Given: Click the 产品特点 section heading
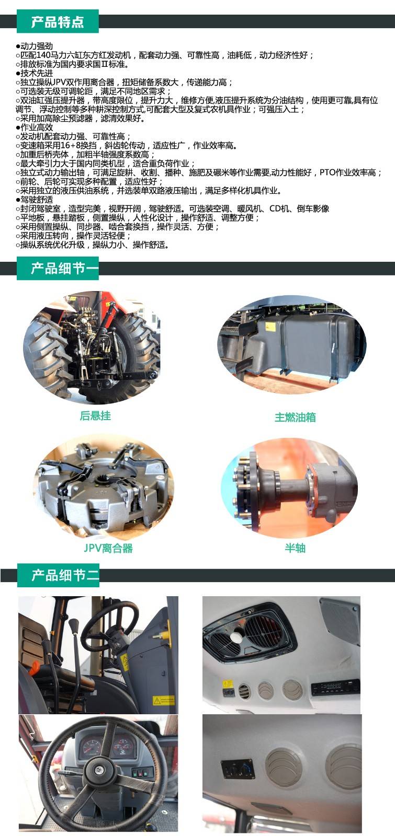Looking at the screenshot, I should click(x=58, y=22).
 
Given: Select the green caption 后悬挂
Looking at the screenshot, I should click(x=95, y=416).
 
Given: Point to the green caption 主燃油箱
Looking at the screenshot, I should click(x=295, y=417).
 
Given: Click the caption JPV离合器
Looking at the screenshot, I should click(x=108, y=548).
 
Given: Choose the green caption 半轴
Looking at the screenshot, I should click(x=295, y=548).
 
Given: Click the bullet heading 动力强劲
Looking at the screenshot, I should click(x=36, y=46).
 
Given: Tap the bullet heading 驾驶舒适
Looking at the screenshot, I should click(x=36, y=199).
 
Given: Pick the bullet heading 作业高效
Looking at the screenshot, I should click(x=36, y=127).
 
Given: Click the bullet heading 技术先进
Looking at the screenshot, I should click(x=36, y=73).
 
